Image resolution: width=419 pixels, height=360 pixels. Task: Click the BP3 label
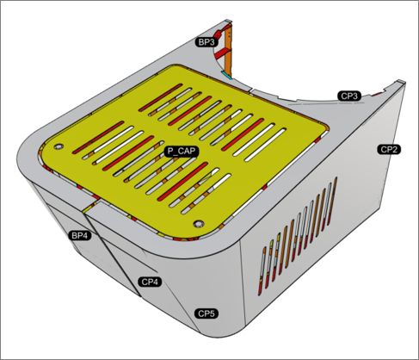pos(206,42)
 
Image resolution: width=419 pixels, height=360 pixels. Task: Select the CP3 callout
pos(349,96)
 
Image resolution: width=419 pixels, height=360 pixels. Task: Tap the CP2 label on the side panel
pos(389,149)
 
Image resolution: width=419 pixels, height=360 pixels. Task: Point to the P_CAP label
pos(182,152)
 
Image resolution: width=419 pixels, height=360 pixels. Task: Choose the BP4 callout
pos(80,236)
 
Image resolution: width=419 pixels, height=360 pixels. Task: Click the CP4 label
pos(150,282)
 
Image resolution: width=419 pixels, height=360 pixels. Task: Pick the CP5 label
pos(206,313)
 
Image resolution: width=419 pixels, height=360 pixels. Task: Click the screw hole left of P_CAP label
pos(59,146)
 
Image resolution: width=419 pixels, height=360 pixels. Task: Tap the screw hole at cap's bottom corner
pos(199,223)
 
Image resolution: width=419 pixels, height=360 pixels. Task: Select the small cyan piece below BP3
pos(226,75)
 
